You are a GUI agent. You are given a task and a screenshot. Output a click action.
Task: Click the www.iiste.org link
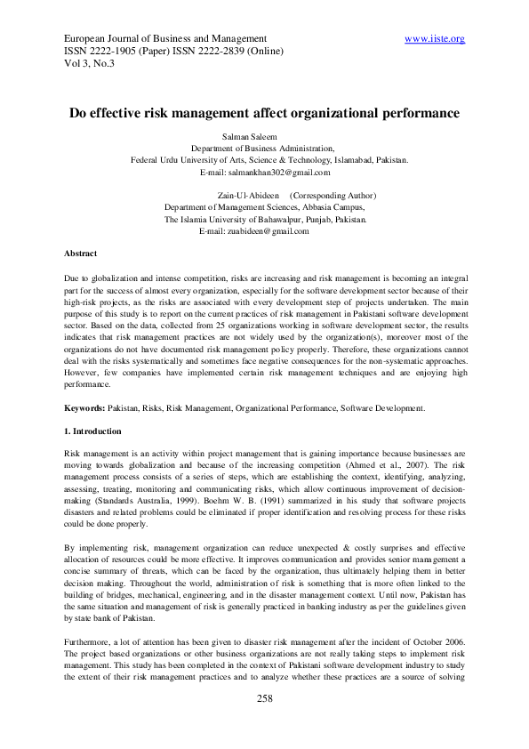[x=434, y=39]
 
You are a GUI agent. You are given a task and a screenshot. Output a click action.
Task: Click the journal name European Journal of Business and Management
[x=166, y=39]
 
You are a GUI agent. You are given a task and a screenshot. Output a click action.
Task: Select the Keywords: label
[x=91, y=408]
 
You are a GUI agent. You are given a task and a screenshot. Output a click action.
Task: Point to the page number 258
[x=264, y=699]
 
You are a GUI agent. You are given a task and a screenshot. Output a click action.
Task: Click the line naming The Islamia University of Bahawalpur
[x=265, y=219]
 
